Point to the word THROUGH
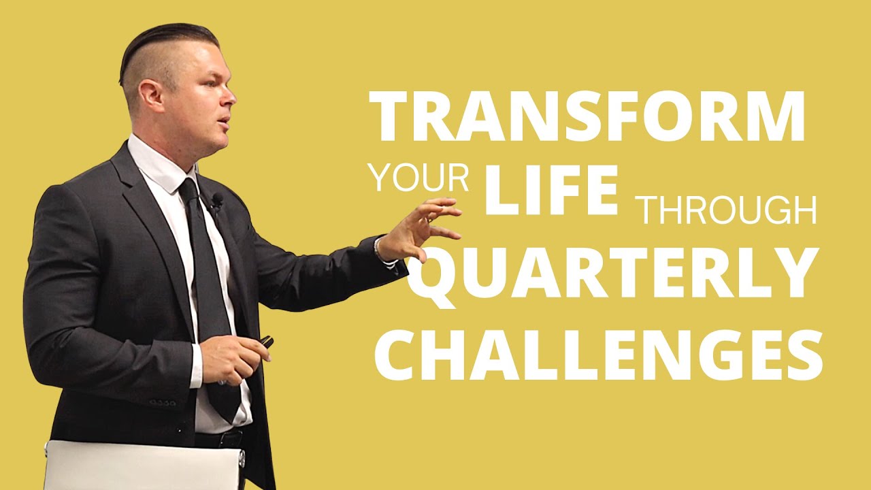pos(727,211)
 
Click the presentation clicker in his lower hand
pos(266,342)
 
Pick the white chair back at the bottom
pos(143,465)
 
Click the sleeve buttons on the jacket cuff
pos(163,403)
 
